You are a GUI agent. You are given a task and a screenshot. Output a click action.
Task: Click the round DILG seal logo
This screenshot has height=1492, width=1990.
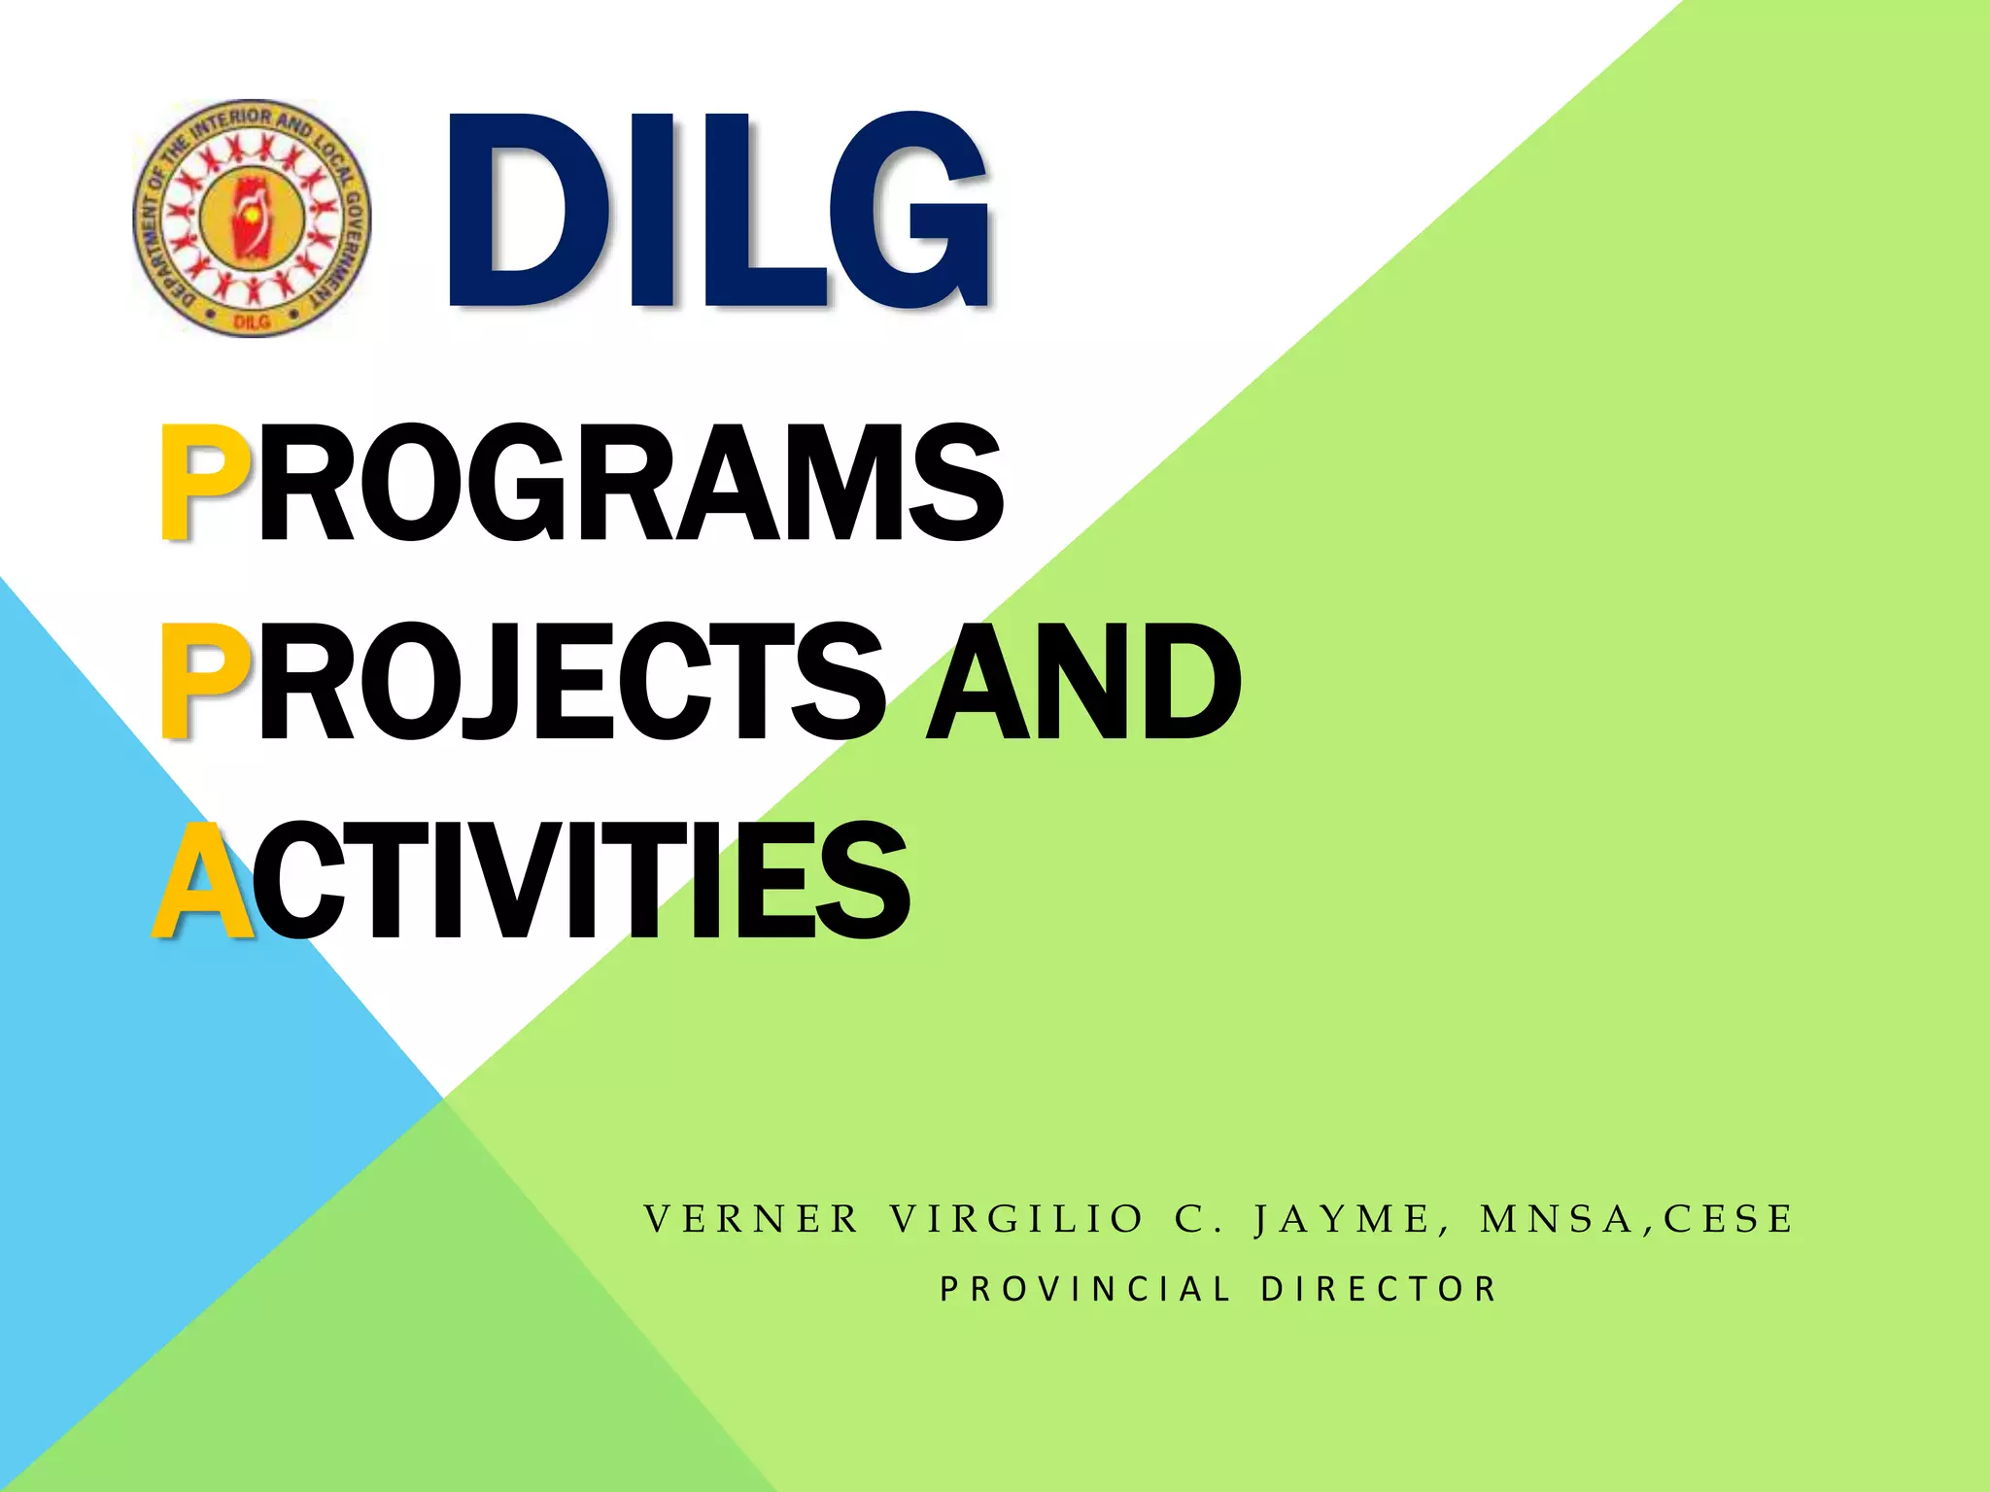(252, 218)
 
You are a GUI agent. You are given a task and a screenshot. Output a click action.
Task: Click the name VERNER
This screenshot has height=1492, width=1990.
(752, 1219)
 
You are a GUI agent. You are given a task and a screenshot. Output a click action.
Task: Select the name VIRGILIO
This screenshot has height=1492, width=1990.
(1016, 1219)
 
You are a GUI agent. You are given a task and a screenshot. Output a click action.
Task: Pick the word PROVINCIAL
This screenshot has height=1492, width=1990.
(1085, 1289)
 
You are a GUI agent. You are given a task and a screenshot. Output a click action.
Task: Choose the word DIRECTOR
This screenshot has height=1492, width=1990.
(1380, 1289)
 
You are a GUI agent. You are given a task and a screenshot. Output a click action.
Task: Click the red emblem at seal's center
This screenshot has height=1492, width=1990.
(252, 216)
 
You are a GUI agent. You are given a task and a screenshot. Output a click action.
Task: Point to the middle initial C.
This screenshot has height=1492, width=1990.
(1191, 1219)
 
